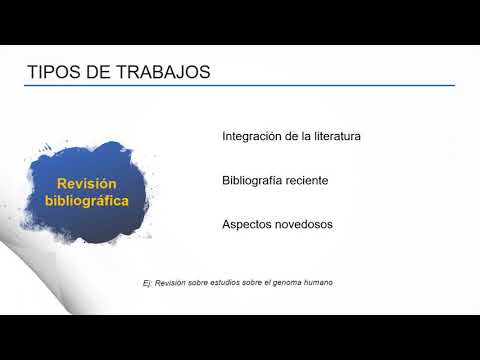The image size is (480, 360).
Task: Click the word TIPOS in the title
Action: pos(49,73)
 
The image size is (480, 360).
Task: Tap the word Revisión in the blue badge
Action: pos(87,184)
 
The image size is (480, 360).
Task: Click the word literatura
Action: pos(332,135)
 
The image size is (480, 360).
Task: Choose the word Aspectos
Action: pos(249,225)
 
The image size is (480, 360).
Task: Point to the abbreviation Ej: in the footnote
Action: pos(149,284)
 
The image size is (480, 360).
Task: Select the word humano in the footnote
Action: pos(321,282)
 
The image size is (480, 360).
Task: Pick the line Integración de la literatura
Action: pos(291,135)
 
